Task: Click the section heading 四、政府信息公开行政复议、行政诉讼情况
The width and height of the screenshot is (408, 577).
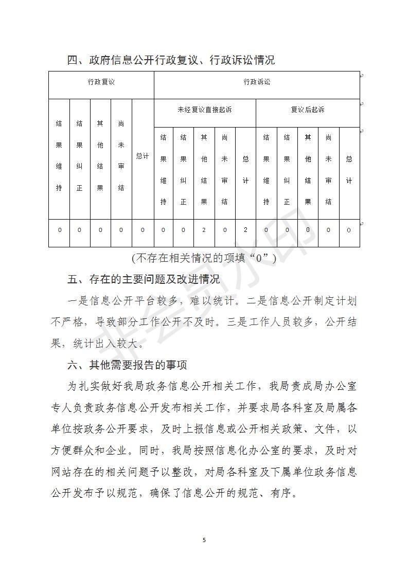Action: point(171,60)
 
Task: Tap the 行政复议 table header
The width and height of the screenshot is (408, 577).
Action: point(101,82)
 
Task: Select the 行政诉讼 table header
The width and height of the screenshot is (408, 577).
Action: point(257,82)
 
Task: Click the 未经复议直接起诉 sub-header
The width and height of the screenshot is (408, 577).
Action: point(204,110)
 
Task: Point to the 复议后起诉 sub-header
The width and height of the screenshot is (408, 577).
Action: point(308,110)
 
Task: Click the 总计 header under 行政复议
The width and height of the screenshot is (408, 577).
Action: point(143,156)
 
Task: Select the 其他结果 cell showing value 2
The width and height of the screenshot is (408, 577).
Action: point(204,230)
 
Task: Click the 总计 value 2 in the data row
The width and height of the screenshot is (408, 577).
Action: point(245,230)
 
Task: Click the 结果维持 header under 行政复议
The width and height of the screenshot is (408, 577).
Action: point(59,156)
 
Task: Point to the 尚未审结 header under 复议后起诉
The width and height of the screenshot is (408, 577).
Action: point(328,170)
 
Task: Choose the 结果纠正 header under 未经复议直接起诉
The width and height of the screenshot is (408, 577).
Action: point(184,170)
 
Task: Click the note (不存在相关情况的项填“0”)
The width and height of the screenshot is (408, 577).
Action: point(204,258)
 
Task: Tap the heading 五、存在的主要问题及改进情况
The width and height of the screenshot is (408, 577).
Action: point(144,279)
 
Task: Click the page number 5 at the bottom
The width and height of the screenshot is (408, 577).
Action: point(204,539)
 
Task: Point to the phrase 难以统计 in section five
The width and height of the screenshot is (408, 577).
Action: point(217,301)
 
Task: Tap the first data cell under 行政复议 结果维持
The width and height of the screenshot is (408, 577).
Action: point(59,230)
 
